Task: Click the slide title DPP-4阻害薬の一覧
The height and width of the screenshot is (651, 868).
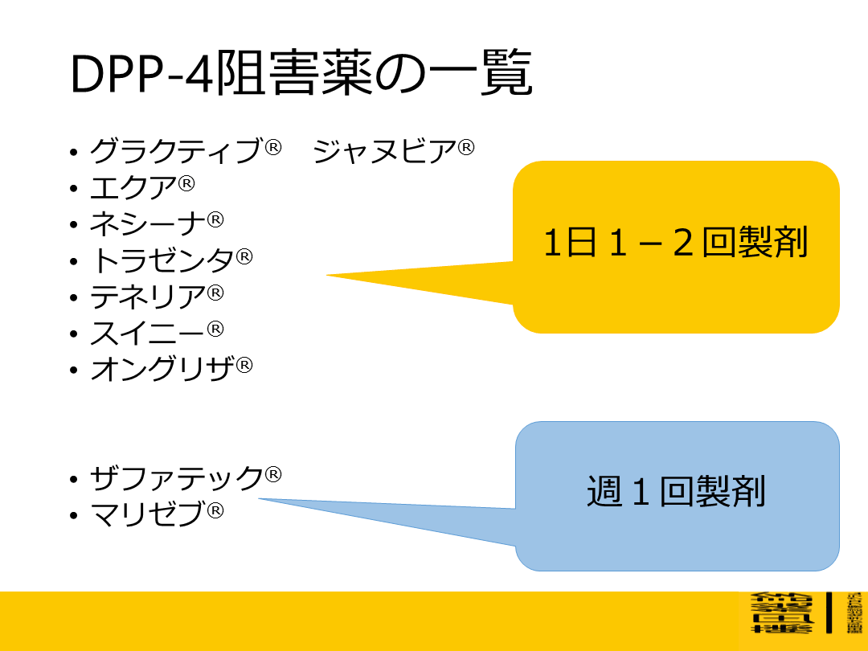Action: [x=301, y=76]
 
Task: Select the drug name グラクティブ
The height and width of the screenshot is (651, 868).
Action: [x=176, y=150]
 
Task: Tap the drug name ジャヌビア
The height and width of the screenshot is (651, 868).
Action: [x=385, y=150]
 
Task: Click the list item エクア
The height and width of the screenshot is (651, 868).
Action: [x=133, y=187]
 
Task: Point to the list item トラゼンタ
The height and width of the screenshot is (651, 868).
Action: [x=162, y=260]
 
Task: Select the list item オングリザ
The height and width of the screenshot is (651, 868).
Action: [x=162, y=370]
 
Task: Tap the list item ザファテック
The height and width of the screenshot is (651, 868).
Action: [x=176, y=478]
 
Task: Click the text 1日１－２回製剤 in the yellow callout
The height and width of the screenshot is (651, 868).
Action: [x=675, y=243]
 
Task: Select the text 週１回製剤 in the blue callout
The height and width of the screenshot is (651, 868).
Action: [x=675, y=492]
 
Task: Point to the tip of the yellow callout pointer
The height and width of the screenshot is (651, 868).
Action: [x=327, y=276]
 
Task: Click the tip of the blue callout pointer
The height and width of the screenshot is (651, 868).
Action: [x=260, y=499]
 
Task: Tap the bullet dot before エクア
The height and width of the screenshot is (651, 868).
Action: [x=74, y=189]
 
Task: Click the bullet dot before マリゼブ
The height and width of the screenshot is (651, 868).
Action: [x=74, y=516]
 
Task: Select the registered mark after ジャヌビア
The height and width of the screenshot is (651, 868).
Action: [x=467, y=147]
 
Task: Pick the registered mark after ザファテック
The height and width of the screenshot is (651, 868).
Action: [x=273, y=474]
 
